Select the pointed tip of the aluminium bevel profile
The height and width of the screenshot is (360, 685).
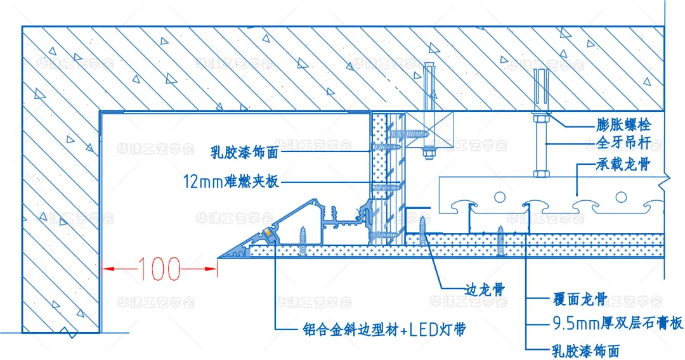pyautogui.click(x=219, y=257)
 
